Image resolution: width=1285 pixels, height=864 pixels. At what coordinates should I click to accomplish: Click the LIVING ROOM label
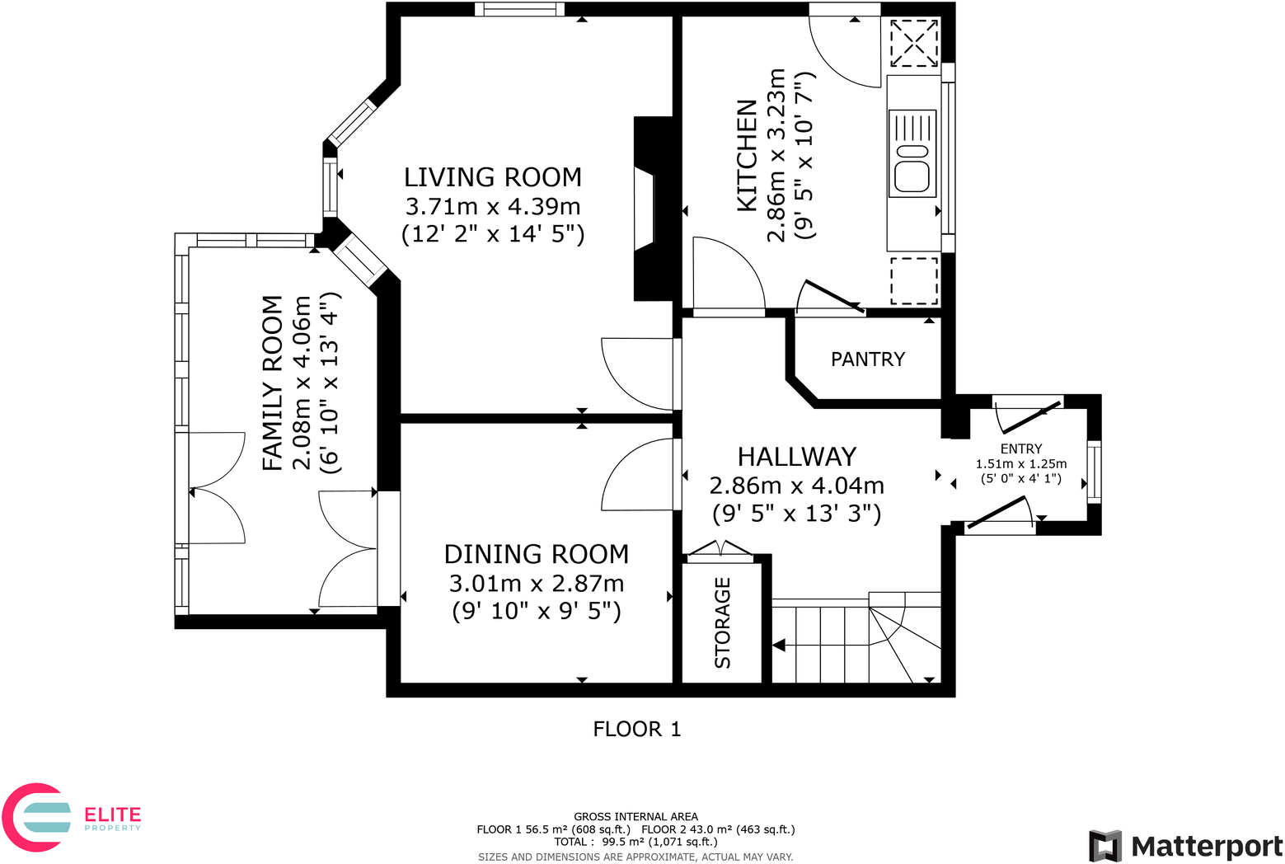coord(493,177)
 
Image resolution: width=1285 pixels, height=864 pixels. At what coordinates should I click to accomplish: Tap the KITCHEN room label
coord(747,156)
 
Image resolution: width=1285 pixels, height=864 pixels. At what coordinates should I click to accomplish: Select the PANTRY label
coord(868,359)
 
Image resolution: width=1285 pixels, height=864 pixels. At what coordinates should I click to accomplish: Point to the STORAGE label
coord(723,623)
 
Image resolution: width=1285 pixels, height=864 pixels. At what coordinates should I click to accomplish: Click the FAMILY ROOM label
coord(273,383)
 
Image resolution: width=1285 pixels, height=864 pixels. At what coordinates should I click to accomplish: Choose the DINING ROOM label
coord(537,554)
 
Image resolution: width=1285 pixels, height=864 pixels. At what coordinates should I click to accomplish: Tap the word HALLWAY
coord(797,458)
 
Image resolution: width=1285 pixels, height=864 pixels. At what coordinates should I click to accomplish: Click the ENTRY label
coord(1021,448)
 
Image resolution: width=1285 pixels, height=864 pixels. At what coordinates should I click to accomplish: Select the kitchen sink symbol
coord(912,153)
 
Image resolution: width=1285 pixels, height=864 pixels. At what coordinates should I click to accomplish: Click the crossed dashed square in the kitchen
coord(914,43)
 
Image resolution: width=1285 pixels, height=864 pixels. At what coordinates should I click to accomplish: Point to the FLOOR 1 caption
coord(637,729)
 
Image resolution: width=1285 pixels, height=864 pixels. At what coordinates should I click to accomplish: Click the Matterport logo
coord(1185,846)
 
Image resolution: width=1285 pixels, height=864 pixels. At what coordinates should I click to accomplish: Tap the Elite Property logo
coord(71,816)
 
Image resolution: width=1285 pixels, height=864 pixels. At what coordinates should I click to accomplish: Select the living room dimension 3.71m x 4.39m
coord(493,206)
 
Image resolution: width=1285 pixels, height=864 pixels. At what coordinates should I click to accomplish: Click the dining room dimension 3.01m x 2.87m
coord(537,584)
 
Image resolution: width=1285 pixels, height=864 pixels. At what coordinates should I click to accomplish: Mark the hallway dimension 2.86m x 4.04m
coord(797,486)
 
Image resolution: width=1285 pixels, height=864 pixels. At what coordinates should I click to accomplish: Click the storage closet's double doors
coord(720,548)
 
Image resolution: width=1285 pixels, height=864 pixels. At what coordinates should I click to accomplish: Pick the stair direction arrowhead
coord(778,646)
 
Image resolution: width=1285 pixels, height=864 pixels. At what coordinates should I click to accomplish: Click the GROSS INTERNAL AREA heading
coord(635,816)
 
